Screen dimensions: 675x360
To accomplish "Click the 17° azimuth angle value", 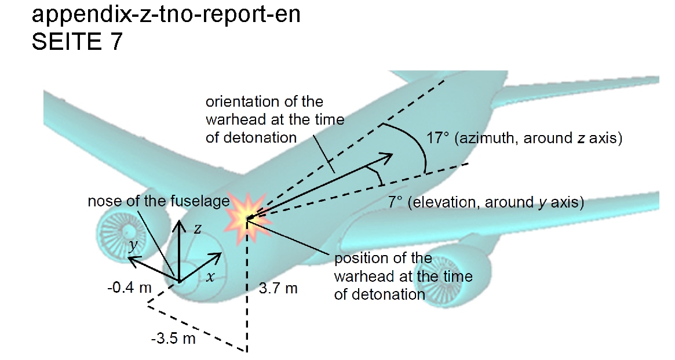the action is click(437, 138).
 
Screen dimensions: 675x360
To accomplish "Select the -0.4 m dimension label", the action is click(129, 288).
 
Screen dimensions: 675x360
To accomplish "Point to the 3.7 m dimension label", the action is click(278, 288).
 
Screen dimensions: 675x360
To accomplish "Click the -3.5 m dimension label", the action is click(173, 339).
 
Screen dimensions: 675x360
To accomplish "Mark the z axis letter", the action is click(197, 228).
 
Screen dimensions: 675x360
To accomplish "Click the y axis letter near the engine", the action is click(134, 245).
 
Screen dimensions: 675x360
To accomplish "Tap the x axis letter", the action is click(210, 277).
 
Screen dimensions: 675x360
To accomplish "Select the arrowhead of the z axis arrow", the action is click(180, 224).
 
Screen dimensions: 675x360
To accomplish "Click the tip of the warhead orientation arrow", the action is click(393, 155).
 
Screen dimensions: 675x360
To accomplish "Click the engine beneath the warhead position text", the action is click(448, 275).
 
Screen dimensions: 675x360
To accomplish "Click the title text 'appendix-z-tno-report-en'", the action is click(166, 14).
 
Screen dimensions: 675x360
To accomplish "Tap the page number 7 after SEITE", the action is click(116, 41).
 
